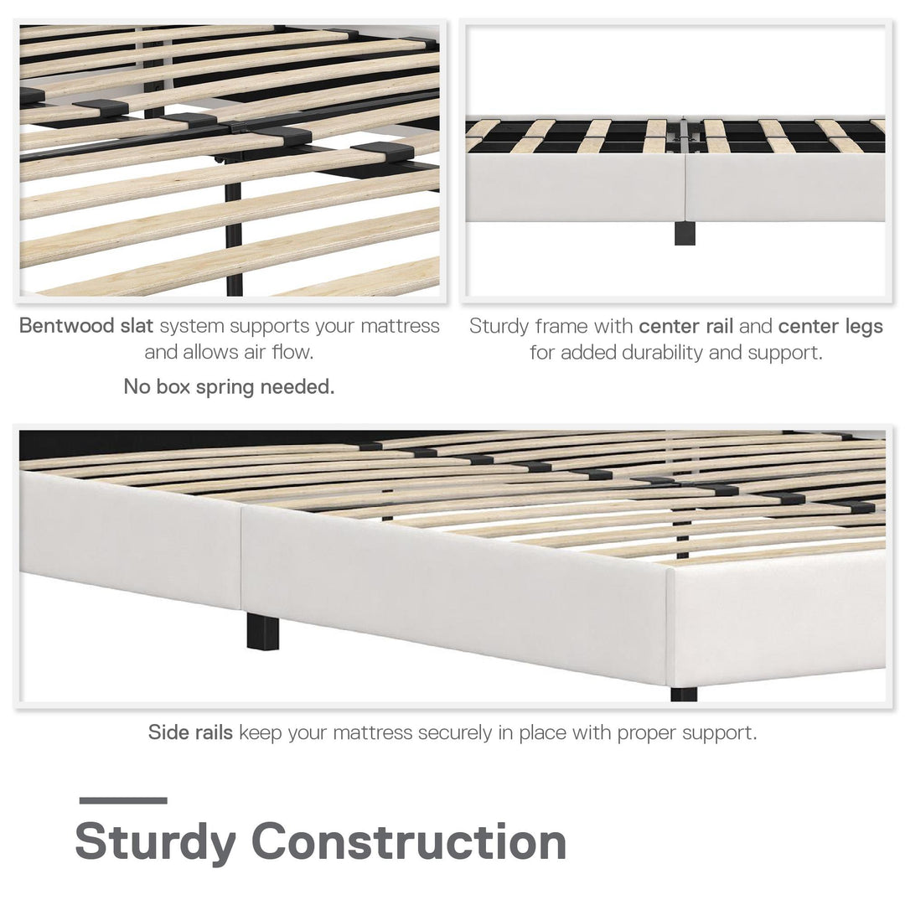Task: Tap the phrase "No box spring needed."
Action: [x=229, y=386]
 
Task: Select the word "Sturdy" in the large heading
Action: [x=155, y=843]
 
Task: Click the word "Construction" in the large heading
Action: [x=409, y=841]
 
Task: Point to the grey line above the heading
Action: [x=123, y=800]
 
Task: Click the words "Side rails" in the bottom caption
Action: [x=190, y=732]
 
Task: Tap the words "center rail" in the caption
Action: [x=685, y=326]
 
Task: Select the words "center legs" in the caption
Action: [x=830, y=327]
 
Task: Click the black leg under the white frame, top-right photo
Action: [x=685, y=233]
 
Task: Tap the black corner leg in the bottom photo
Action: [x=684, y=694]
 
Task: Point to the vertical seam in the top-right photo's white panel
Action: [x=685, y=188]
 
